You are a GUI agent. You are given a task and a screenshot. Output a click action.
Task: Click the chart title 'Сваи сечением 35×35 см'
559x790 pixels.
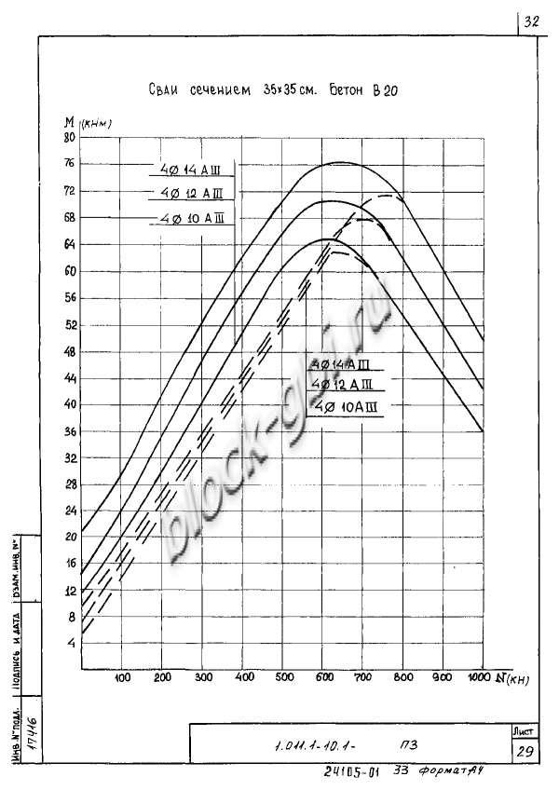(x=234, y=90)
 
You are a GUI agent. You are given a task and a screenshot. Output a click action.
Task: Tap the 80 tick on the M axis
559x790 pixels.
(x=69, y=138)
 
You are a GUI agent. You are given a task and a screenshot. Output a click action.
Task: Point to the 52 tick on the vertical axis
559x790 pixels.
(x=69, y=325)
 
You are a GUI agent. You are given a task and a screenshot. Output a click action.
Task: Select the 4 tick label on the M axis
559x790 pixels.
(x=71, y=644)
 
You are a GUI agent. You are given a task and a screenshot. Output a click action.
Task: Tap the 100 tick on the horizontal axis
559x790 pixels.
(x=122, y=677)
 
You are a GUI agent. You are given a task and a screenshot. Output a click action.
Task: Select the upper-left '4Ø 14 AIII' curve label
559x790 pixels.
(x=189, y=170)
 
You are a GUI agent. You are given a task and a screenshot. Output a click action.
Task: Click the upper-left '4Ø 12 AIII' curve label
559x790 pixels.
(x=189, y=194)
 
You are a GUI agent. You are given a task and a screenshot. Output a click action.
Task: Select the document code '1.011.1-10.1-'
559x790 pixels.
(x=316, y=746)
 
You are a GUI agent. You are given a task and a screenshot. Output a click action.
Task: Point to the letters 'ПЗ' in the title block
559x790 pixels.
(x=408, y=745)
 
